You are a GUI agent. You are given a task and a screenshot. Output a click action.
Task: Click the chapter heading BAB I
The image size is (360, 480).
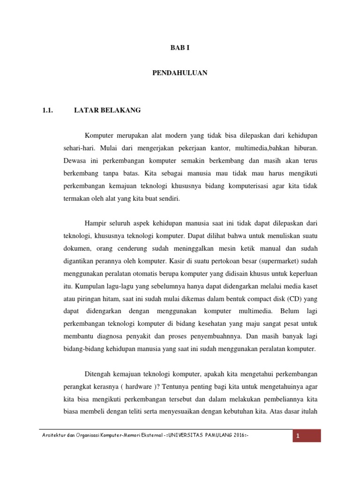click(180, 48)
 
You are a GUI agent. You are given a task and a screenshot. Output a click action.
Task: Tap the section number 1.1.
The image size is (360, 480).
click(49, 111)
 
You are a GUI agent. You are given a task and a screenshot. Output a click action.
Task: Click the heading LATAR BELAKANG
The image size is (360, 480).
click(107, 111)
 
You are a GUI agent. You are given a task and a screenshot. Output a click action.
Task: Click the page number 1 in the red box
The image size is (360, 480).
click(297, 437)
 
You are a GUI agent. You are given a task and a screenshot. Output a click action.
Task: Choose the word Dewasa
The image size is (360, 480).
click(75, 160)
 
